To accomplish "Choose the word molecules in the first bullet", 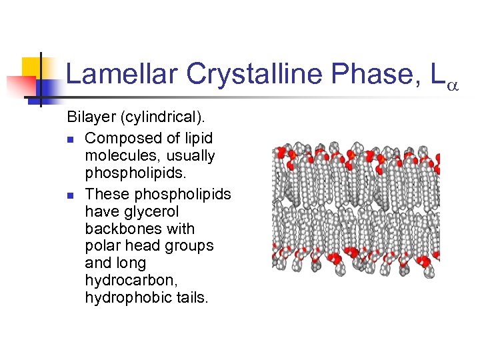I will point(117,156).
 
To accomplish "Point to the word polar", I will point(102,246).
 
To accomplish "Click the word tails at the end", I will point(190,298).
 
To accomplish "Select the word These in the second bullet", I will point(107,195).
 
